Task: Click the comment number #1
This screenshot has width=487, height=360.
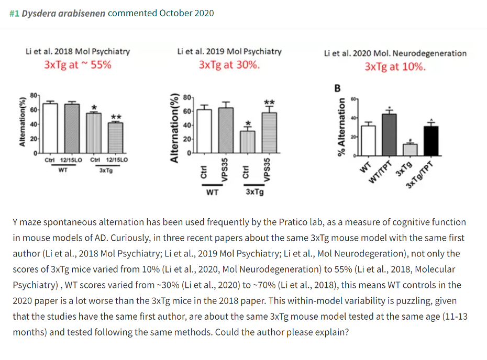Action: (x=14, y=13)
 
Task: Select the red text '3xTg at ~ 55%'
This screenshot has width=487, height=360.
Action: (x=78, y=65)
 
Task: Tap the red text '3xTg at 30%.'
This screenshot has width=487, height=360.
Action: (x=229, y=65)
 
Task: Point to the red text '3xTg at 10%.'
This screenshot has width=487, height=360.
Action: (x=395, y=67)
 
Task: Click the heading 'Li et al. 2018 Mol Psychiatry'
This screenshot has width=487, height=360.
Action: (x=78, y=51)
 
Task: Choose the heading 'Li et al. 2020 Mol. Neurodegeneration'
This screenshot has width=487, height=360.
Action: (x=395, y=53)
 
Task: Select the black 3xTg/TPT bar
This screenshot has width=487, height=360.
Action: (x=430, y=141)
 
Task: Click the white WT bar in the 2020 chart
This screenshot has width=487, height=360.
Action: (x=368, y=141)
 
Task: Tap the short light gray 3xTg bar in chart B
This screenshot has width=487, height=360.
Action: (x=410, y=150)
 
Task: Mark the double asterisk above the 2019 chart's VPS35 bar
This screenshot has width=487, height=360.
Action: (x=269, y=102)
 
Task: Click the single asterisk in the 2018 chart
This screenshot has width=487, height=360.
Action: (x=94, y=107)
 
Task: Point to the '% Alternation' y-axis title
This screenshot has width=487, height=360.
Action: (x=341, y=127)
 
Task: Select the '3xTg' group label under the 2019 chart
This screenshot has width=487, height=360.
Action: (x=254, y=192)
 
